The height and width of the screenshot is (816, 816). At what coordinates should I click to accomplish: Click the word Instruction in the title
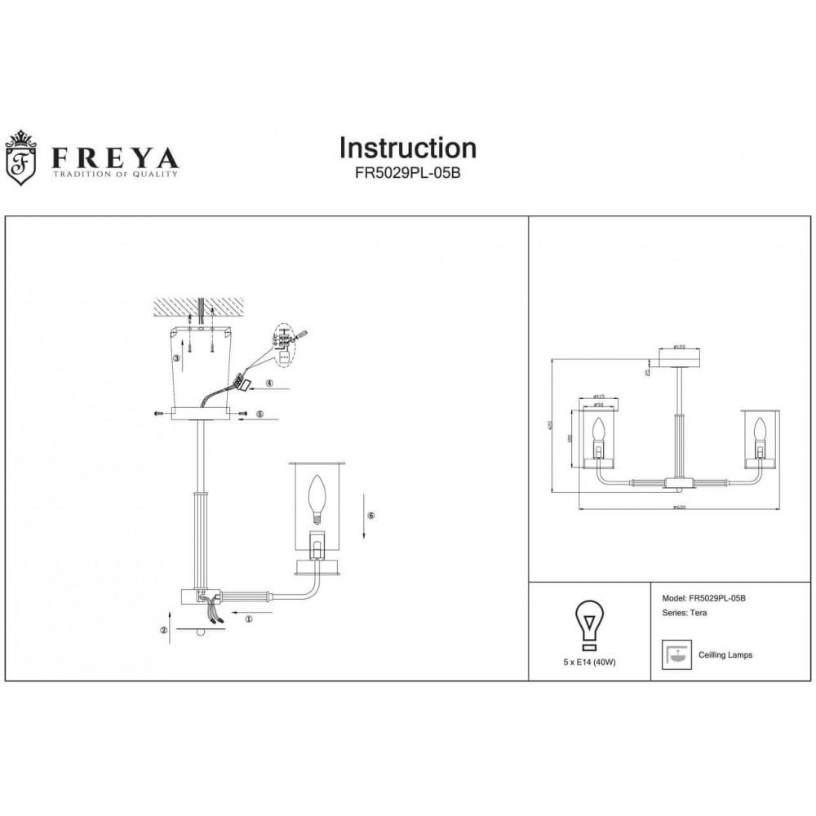coord(407,148)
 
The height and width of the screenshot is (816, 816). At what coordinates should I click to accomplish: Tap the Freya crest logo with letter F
coord(22,157)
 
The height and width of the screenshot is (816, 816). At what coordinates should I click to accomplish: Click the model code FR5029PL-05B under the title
coord(407,174)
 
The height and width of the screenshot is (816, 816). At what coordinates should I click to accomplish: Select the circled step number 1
coord(248,619)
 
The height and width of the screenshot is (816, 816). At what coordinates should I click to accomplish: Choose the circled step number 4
coord(268,383)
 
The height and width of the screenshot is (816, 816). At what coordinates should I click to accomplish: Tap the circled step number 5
coord(260,415)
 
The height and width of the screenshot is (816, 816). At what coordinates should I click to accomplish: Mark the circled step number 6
coord(370,516)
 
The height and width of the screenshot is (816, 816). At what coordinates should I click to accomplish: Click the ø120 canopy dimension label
coord(677,347)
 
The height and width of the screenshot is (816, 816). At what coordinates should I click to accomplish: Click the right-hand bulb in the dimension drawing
coord(760,431)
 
